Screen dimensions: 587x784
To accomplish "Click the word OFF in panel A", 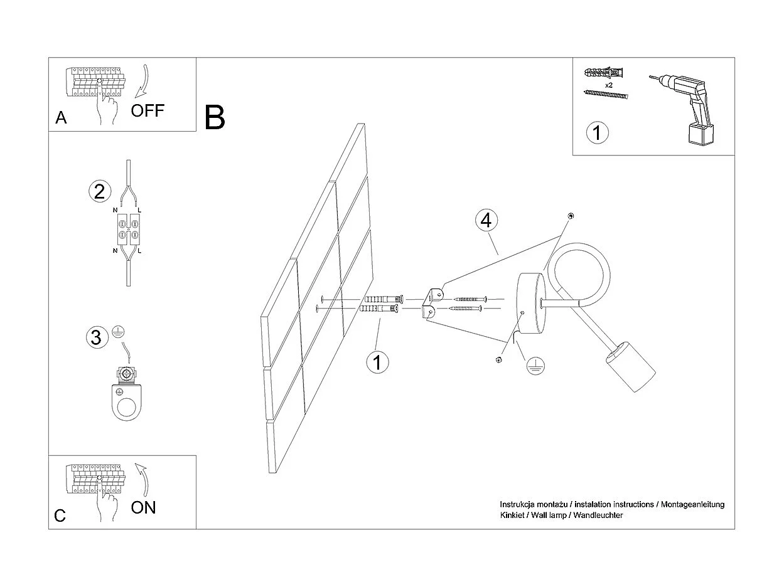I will [148, 111].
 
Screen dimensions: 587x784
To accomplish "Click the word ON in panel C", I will [144, 507].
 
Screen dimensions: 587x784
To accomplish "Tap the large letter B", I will [215, 117].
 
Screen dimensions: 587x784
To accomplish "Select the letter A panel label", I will [61, 118].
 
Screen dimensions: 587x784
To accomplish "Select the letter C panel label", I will [60, 516].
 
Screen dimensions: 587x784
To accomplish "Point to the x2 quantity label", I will [609, 84].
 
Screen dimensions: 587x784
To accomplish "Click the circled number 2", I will [99, 191].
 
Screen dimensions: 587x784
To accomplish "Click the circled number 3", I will [96, 337].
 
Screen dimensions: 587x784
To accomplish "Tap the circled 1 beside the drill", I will [597, 132].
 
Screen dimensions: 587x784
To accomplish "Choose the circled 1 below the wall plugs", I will [377, 362].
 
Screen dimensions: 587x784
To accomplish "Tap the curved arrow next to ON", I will [142, 479].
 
